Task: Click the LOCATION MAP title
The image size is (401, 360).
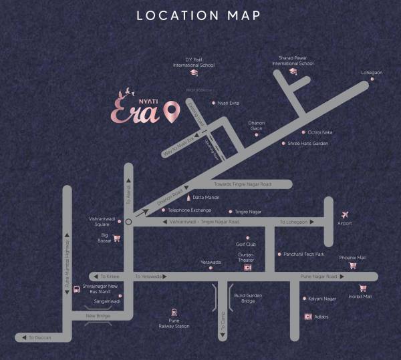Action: click(x=198, y=15)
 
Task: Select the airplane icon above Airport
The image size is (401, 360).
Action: click(x=346, y=214)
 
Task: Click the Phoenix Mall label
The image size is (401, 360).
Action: click(x=352, y=257)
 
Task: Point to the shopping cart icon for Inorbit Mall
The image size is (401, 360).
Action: click(x=363, y=288)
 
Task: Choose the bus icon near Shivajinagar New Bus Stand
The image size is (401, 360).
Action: click(x=78, y=289)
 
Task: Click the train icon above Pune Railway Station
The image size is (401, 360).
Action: click(x=174, y=311)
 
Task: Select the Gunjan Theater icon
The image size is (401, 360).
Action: click(x=247, y=267)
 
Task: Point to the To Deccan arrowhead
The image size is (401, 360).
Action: click(x=23, y=338)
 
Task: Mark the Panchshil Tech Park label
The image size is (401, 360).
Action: click(x=304, y=254)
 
